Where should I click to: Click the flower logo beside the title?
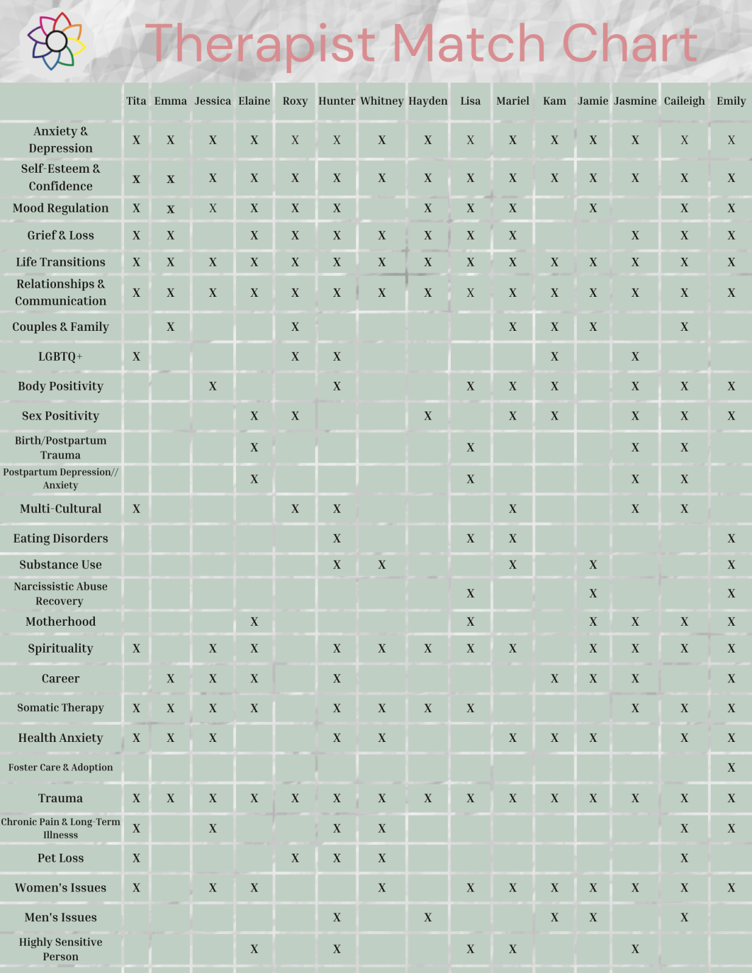pyautogui.click(x=55, y=41)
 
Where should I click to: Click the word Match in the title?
pyautogui.click(x=468, y=44)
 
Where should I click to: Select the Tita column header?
pyautogui.click(x=136, y=101)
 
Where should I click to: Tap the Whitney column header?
pyautogui.click(x=381, y=101)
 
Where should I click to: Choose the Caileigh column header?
pyautogui.click(x=684, y=101)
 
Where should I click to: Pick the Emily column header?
pyautogui.click(x=731, y=101)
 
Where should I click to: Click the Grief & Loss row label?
pyautogui.click(x=60, y=235)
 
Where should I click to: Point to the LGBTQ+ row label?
pyautogui.click(x=60, y=356)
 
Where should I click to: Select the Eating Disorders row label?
pyautogui.click(x=60, y=538)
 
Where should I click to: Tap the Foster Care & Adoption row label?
pyautogui.click(x=60, y=767)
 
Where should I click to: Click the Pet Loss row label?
pyautogui.click(x=60, y=858)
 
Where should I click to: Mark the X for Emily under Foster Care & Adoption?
pyautogui.click(x=731, y=768)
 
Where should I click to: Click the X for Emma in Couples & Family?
pyautogui.click(x=170, y=327)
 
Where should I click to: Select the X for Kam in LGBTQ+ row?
pyautogui.click(x=554, y=357)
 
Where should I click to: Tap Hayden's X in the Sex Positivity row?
pyautogui.click(x=428, y=416)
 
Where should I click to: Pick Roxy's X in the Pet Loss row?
pyautogui.click(x=295, y=859)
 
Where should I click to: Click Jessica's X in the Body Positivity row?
pyautogui.click(x=212, y=386)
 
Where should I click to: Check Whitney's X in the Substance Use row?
pyautogui.click(x=381, y=565)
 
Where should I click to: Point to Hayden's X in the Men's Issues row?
pyautogui.click(x=428, y=918)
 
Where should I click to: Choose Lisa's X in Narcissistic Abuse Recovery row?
pyautogui.click(x=470, y=594)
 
